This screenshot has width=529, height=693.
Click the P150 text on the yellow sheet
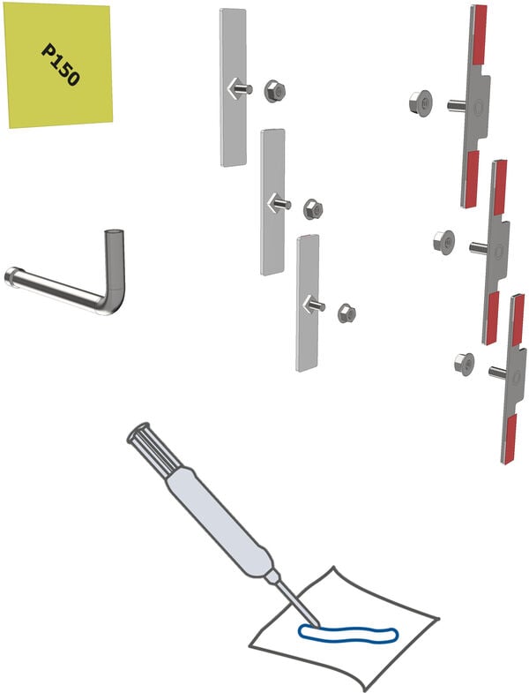(x=61, y=64)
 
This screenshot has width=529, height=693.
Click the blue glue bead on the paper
(x=348, y=634)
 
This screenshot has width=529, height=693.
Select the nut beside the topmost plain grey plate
(x=275, y=92)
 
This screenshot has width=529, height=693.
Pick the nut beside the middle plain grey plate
(x=313, y=209)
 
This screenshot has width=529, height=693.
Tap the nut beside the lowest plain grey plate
(x=346, y=313)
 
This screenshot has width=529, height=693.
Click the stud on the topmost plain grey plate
(x=242, y=89)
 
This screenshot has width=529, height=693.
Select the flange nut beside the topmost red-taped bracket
(x=421, y=103)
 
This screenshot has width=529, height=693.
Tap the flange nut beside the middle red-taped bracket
(x=444, y=242)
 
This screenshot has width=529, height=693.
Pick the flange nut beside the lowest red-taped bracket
(x=464, y=365)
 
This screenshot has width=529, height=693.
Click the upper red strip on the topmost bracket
(x=479, y=34)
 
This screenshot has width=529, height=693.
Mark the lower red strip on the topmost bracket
(x=471, y=178)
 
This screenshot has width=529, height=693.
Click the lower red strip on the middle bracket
(x=491, y=317)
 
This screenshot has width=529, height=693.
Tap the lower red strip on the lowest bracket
(x=510, y=439)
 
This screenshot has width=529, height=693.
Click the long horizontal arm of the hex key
(x=56, y=290)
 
